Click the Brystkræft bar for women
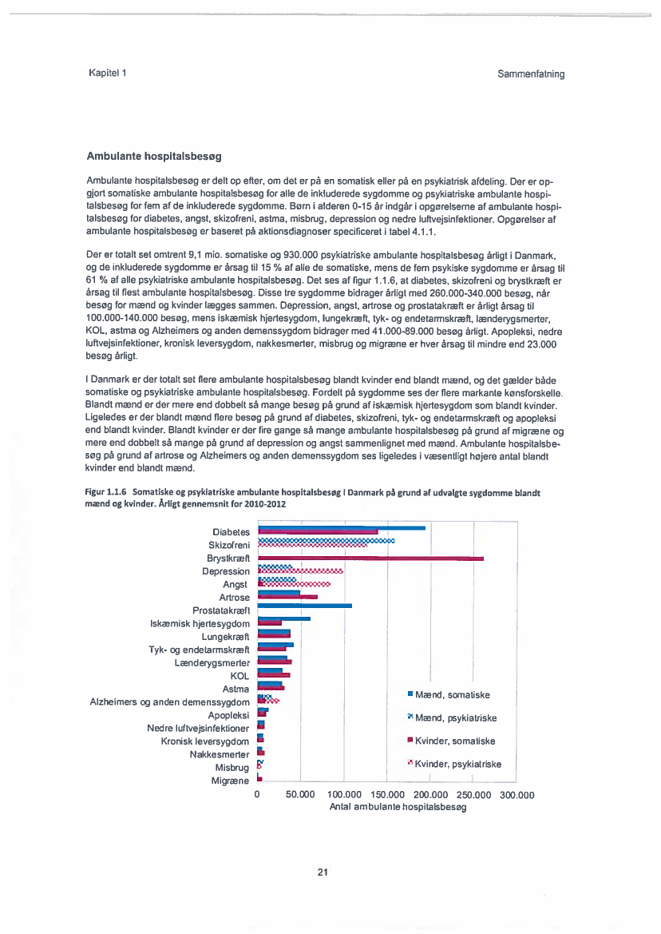pos(371,558)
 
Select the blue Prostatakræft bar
pos(304,606)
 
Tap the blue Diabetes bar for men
pos(342,528)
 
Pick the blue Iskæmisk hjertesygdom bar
pos(284,618)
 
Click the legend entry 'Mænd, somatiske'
pos(452,695)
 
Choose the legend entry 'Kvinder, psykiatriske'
pos(457,764)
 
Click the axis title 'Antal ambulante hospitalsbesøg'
pos(398,808)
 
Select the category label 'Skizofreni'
pos(229,545)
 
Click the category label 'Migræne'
pos(230,781)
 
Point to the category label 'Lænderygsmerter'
pos(212,662)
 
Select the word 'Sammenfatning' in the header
pos(530,74)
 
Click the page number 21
pos(323,872)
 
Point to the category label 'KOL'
pos(239,676)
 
